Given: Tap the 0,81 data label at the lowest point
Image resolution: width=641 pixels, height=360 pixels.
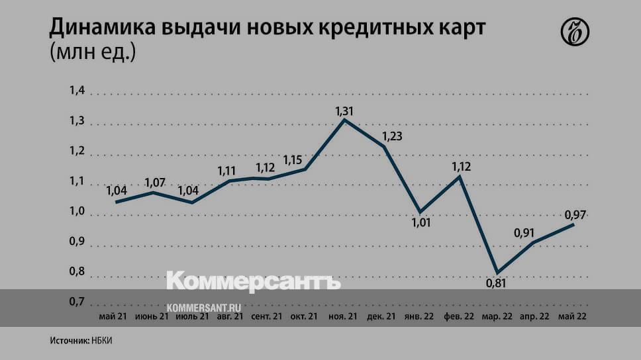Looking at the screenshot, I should coord(496,283).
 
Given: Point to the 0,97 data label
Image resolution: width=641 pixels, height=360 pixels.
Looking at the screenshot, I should coord(575,214).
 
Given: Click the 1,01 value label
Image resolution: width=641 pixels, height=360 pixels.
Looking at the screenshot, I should coord(421,222).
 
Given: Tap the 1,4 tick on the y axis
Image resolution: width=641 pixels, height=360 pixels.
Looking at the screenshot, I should coord(77,91).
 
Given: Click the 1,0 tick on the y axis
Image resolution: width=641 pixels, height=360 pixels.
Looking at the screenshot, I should coord(77,212).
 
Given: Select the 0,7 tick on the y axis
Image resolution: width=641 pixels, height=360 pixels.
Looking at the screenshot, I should coord(77,302).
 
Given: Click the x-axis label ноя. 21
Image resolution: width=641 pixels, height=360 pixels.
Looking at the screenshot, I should coord(343,317).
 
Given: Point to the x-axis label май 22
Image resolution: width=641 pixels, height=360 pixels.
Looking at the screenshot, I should coord(572,317).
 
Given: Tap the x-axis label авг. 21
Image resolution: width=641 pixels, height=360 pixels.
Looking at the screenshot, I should coord(229,317).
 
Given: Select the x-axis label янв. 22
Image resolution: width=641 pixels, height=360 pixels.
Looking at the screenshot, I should coord(419,317).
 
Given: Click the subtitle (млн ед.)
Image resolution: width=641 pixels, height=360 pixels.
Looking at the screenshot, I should coord(93,52).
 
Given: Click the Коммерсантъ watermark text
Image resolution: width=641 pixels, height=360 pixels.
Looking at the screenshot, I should coord(253,280).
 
